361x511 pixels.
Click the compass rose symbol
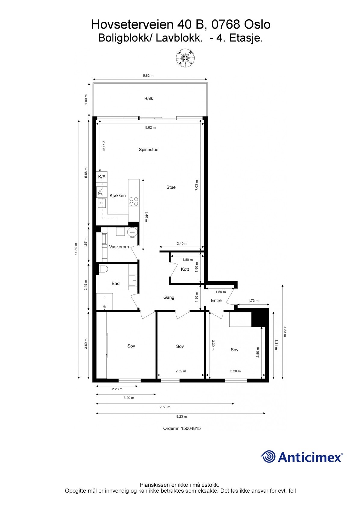[185, 58]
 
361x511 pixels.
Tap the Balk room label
[149, 98]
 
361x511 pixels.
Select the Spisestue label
[148, 150]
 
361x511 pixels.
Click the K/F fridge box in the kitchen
[102, 177]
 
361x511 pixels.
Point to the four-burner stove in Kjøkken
[134, 201]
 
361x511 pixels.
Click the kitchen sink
[101, 203]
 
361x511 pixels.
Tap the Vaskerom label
[119, 247]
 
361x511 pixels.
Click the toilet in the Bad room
[103, 269]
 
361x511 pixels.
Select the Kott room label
[185, 269]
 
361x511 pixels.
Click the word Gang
[168, 297]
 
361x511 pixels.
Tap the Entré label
[216, 300]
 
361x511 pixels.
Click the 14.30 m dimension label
[76, 249]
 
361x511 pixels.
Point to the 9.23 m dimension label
[181, 416]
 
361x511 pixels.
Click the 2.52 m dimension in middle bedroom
[180, 371]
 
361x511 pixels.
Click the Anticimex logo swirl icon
[268, 456]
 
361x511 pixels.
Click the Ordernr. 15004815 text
[182, 428]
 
